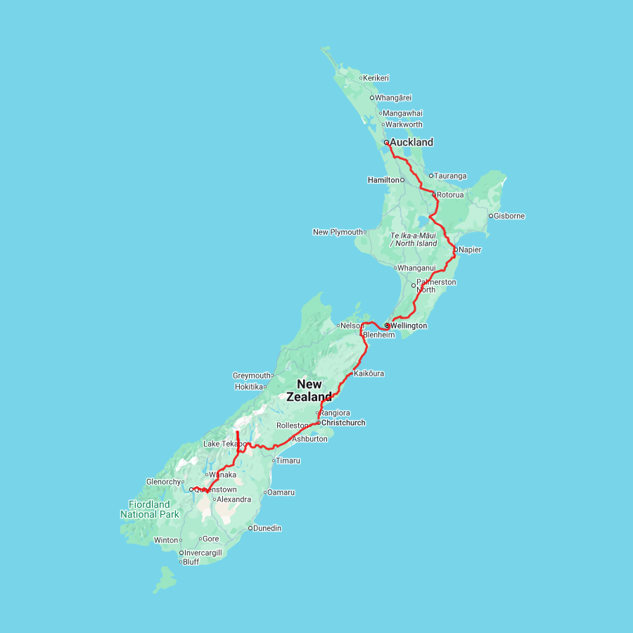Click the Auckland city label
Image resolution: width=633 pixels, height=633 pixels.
click(x=411, y=142)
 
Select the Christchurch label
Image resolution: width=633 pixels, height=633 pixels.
click(x=343, y=423)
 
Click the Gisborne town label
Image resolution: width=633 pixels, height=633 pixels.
click(x=510, y=216)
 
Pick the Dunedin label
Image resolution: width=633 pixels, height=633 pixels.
click(x=267, y=528)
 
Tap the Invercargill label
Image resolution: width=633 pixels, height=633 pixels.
click(x=203, y=553)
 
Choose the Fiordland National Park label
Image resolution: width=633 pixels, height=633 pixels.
click(x=149, y=509)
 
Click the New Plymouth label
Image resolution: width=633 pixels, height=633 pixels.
click(x=338, y=232)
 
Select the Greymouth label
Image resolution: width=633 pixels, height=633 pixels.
click(x=252, y=376)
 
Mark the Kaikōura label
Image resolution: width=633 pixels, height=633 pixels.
click(x=369, y=373)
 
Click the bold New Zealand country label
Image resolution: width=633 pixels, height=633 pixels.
click(x=309, y=390)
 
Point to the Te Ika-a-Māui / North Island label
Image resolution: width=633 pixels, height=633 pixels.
click(x=414, y=239)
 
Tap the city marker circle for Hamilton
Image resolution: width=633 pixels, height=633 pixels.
click(x=402, y=180)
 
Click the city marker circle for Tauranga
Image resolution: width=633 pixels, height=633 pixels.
click(x=431, y=176)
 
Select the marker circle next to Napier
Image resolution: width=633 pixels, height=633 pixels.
click(x=455, y=249)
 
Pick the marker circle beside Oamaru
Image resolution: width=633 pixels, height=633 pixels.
click(x=265, y=492)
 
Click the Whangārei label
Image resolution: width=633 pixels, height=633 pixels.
click(x=393, y=98)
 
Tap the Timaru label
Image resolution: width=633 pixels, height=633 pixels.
click(x=288, y=461)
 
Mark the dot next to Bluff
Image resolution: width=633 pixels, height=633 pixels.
click(x=181, y=562)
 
